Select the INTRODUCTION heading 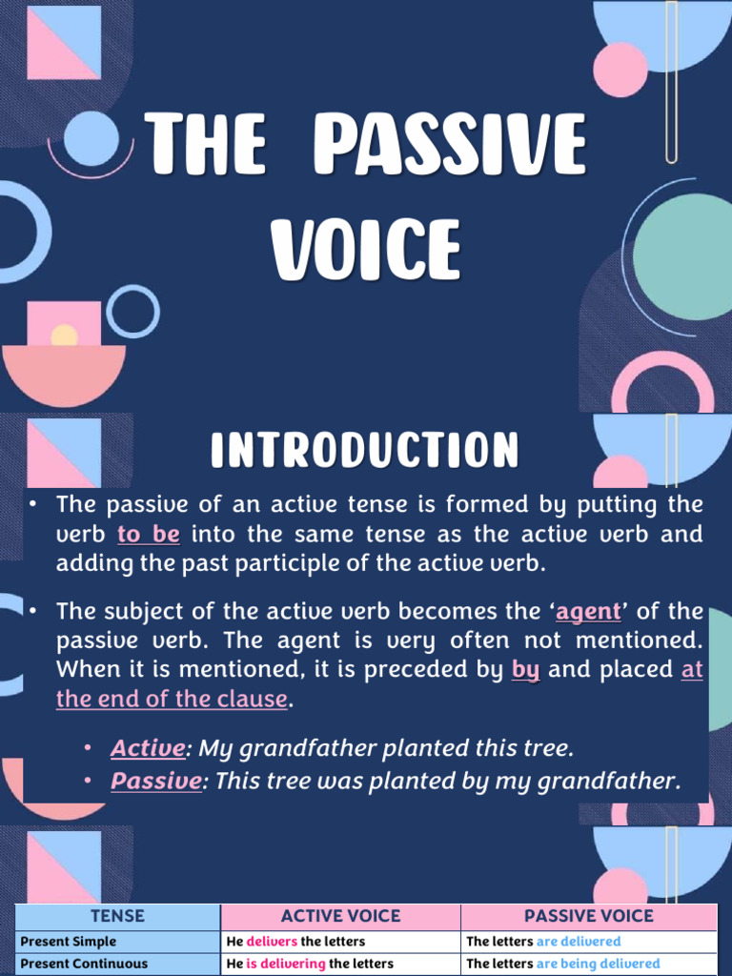coord(365,450)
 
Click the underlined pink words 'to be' coord(148,534)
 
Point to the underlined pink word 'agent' coord(588,611)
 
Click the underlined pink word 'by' coord(526,669)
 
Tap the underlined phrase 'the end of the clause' coord(172,699)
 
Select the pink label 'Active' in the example coord(147,747)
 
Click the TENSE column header coord(117,916)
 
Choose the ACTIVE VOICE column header coord(340,916)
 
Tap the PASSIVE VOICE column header coord(588,916)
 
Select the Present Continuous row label coord(84,964)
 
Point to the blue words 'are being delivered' coord(598,964)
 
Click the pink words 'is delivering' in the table coord(286,964)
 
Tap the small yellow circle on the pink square coord(64,335)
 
